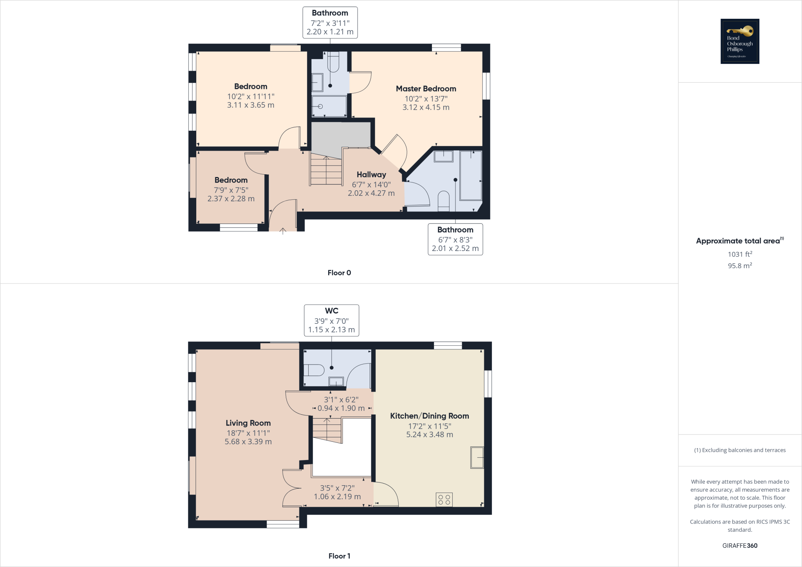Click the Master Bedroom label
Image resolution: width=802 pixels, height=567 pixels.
pos(426,89)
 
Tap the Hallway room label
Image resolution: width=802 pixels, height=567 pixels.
pos(371,175)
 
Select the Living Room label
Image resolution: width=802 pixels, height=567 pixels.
pos(248,423)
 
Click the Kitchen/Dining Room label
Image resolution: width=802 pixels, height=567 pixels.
pos(429,416)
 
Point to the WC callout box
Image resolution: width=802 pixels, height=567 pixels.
pos(331,320)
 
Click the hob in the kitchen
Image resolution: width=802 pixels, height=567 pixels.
pos(444,500)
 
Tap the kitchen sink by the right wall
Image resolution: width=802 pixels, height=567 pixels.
pos(477,457)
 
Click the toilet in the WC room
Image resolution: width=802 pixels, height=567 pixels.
pos(314,370)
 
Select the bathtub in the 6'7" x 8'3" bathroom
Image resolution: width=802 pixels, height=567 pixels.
pos(470,175)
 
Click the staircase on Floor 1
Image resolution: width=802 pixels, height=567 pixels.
pos(327,430)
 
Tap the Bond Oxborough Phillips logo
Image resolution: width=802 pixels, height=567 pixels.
pos(740,41)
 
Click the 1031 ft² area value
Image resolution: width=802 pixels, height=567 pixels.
pos(740,254)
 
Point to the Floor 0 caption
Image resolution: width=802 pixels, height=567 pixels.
pos(339,273)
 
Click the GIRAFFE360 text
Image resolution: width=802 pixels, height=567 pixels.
pos(740,545)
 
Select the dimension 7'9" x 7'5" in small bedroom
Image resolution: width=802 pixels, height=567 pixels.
pos(231,190)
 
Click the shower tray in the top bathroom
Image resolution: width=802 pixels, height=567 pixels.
pos(329,106)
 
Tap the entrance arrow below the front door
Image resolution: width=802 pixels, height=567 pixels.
pos(283,231)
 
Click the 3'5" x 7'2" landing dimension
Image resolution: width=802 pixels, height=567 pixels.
pos(337,488)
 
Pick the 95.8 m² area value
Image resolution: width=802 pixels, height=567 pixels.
pos(740,265)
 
